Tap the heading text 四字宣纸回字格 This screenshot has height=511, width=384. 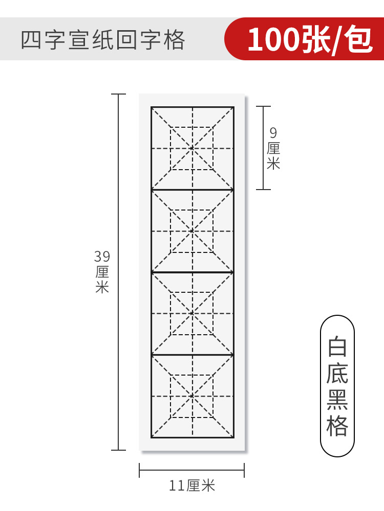(x=102, y=40)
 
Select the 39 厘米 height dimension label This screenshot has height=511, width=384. (x=102, y=271)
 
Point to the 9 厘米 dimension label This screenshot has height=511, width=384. (x=273, y=148)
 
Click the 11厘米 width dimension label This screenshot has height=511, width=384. (x=192, y=485)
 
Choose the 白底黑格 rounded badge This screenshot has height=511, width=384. (x=337, y=386)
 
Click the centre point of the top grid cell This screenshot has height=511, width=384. (x=193, y=148)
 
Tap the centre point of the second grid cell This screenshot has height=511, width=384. (x=193, y=231)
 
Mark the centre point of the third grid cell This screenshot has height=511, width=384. (x=193, y=313)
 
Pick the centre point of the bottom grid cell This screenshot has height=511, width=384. (x=193, y=396)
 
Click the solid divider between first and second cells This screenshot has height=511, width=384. (x=193, y=190)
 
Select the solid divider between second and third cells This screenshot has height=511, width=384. (x=193, y=272)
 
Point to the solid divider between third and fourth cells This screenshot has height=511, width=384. (x=193, y=355)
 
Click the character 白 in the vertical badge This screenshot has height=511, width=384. (x=337, y=347)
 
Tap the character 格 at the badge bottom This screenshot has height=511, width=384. (x=337, y=426)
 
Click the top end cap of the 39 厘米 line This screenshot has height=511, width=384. (x=119, y=95)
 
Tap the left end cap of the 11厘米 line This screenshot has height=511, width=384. (x=140, y=470)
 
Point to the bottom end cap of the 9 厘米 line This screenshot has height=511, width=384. (x=263, y=190)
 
